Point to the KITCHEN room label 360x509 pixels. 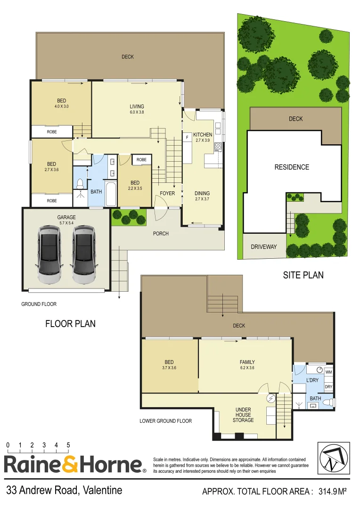203,134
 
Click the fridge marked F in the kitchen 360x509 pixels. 187,137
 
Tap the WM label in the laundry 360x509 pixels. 329,372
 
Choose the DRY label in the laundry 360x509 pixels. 329,387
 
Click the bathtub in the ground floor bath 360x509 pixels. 111,194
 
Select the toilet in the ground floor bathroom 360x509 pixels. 80,182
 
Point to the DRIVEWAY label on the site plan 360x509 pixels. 264,246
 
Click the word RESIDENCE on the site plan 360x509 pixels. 292,167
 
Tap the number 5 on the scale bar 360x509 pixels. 68,445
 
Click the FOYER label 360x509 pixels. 167,193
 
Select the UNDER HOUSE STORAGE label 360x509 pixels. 243,415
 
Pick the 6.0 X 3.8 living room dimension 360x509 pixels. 137,113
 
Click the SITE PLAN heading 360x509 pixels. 303,275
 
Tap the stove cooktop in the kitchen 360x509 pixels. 218,147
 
